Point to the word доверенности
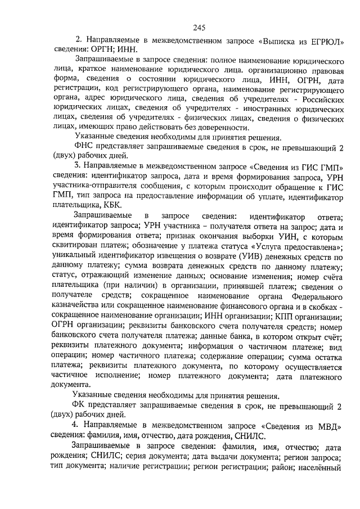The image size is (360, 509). tap(235, 128)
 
